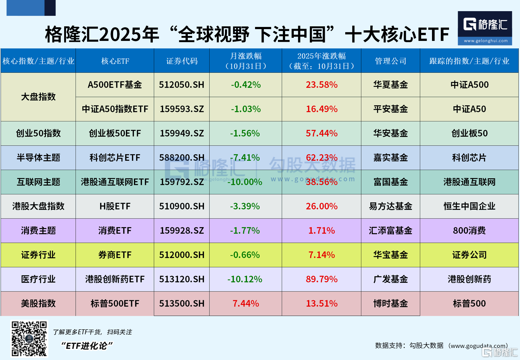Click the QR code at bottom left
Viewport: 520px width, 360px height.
point(29,339)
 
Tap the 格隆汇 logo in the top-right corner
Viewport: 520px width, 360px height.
point(485,28)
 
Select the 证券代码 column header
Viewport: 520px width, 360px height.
point(182,61)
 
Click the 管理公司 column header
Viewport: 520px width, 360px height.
point(390,61)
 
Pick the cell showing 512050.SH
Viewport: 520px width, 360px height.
point(182,85)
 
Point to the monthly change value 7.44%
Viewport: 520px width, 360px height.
point(246,303)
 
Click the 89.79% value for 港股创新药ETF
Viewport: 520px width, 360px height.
point(321,279)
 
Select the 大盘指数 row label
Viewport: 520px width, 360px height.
point(38,97)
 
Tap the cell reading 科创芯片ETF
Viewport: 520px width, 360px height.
point(115,158)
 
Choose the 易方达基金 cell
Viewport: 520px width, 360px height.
point(390,206)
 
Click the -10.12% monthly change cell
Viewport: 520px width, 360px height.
point(245,279)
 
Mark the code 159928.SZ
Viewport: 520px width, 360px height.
point(182,230)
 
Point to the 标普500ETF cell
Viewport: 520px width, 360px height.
point(115,303)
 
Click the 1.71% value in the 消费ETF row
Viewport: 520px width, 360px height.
point(321,230)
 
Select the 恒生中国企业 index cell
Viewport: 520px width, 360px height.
point(469,206)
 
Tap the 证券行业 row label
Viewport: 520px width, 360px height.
point(38,255)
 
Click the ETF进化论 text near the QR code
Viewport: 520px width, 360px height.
point(87,346)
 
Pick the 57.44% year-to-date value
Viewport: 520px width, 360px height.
point(321,133)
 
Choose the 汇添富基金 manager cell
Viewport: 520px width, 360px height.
point(390,230)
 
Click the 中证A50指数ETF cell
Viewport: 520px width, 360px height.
point(115,109)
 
